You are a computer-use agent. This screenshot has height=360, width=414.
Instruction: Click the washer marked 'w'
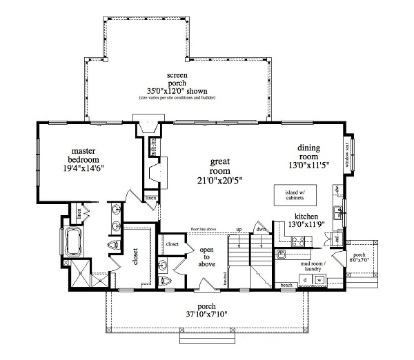320,279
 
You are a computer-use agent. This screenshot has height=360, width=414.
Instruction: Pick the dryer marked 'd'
306,279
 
